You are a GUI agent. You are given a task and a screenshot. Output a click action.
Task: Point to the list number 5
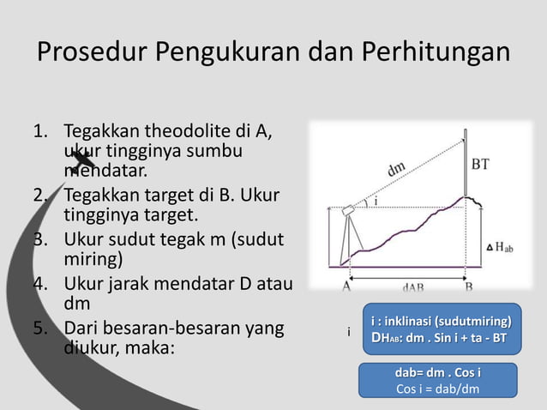click(39, 329)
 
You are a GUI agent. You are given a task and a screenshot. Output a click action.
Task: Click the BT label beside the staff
click(482, 163)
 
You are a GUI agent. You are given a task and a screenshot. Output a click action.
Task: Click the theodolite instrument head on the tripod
click(349, 210)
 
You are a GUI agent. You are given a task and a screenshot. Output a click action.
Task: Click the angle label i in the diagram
click(376, 202)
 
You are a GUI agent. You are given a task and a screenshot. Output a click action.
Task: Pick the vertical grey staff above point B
click(466, 163)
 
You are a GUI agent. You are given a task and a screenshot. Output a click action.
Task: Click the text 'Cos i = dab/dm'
click(437, 389)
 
